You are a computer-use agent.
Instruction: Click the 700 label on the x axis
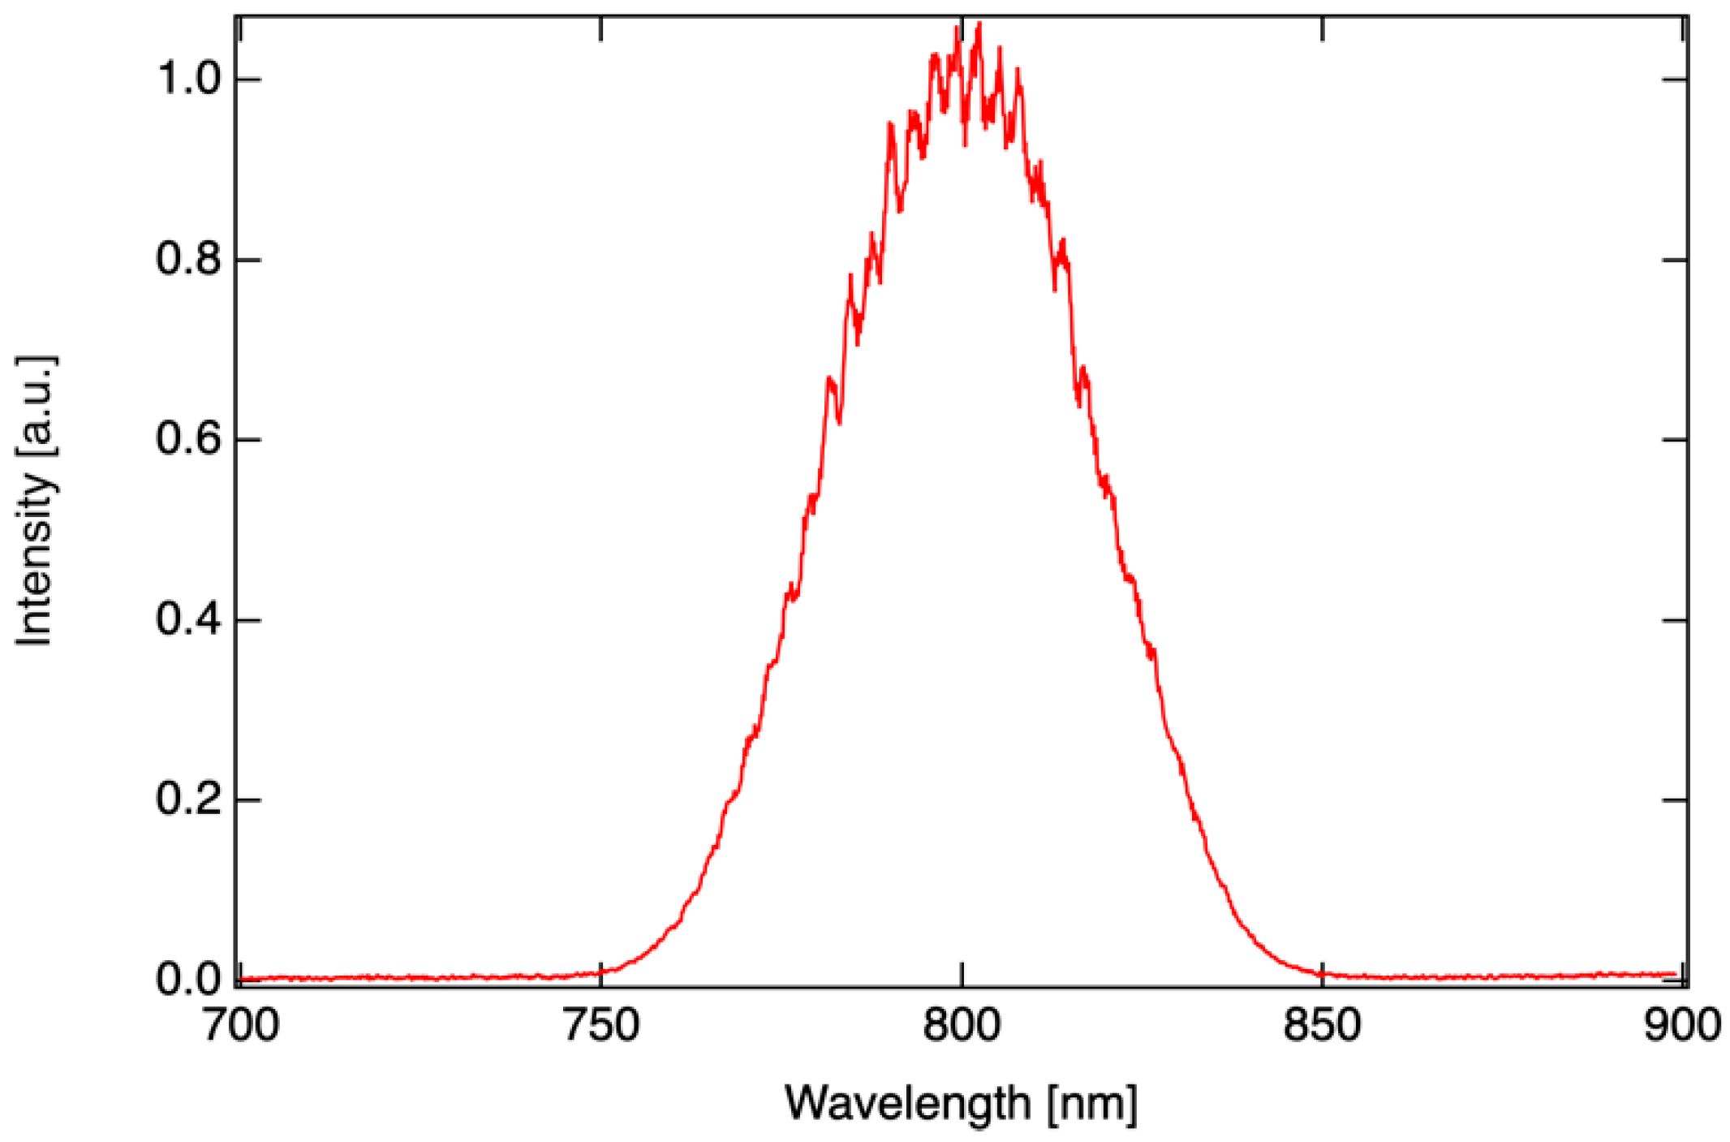pyautogui.click(x=240, y=1025)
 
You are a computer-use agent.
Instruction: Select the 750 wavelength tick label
pyautogui.click(x=600, y=1025)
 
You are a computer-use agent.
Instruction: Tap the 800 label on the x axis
pyautogui.click(x=962, y=1025)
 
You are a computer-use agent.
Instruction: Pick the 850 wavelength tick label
pyautogui.click(x=1322, y=1025)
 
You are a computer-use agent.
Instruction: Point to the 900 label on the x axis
pyautogui.click(x=1682, y=1025)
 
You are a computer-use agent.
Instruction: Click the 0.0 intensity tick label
pyautogui.click(x=188, y=980)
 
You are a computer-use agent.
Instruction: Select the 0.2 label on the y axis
pyautogui.click(x=188, y=799)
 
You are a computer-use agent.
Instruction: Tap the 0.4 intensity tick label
pyautogui.click(x=188, y=620)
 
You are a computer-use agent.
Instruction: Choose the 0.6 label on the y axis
pyautogui.click(x=188, y=440)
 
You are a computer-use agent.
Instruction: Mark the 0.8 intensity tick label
pyautogui.click(x=188, y=260)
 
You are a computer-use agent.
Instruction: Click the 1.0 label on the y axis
pyautogui.click(x=188, y=80)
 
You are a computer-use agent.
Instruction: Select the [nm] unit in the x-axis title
pyautogui.click(x=1092, y=1103)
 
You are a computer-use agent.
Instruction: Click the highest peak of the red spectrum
pyautogui.click(x=979, y=24)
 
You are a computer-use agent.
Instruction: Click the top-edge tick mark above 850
pyautogui.click(x=1323, y=28)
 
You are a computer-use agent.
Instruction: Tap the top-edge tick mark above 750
pyautogui.click(x=600, y=28)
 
